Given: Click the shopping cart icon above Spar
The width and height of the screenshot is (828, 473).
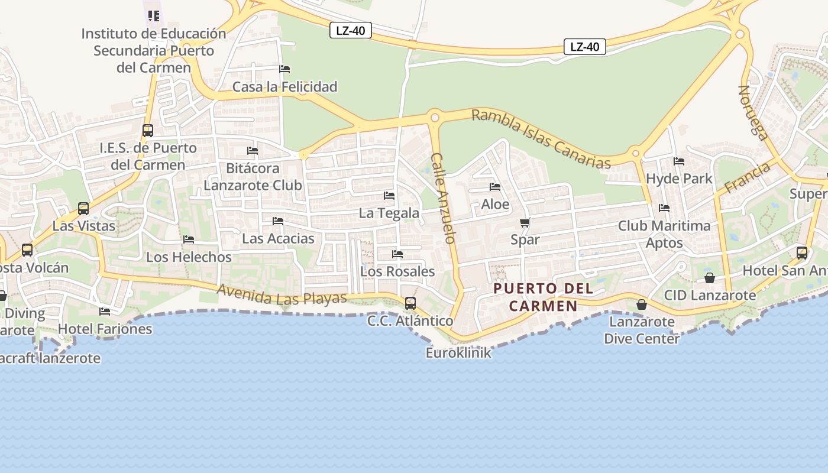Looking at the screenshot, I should [x=525, y=223].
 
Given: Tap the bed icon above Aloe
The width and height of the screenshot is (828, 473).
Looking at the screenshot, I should [x=495, y=187].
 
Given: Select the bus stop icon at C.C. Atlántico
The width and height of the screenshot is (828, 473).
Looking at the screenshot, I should [x=410, y=303].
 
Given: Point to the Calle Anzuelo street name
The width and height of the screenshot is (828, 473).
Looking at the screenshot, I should [x=444, y=198].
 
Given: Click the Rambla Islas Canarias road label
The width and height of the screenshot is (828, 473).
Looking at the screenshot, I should [x=541, y=138].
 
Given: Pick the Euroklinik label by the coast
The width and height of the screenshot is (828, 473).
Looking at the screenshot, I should [x=458, y=353].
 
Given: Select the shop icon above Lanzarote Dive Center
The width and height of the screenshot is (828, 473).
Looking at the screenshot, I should [x=642, y=305].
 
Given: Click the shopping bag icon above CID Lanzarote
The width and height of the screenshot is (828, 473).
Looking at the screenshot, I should [x=710, y=278].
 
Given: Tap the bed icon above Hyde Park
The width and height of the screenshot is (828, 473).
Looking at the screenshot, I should [x=679, y=161].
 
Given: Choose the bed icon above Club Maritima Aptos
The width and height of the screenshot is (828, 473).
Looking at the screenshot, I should [x=664, y=208].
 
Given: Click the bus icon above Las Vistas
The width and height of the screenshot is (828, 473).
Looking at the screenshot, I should [x=83, y=209].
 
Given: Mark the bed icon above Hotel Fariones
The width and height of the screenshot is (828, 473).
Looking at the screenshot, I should [x=105, y=312].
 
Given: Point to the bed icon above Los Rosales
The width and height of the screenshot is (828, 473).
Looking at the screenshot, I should [x=397, y=254].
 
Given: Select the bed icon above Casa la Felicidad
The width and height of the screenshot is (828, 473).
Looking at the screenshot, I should [x=284, y=69].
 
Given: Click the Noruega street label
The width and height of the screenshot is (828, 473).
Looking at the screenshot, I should [x=753, y=112].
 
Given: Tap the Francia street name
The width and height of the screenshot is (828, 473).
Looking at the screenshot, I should [x=748, y=177].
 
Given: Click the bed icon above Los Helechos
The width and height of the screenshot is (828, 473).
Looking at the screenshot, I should [x=189, y=239].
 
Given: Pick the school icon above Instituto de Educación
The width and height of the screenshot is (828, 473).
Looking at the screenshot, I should [x=154, y=15].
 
